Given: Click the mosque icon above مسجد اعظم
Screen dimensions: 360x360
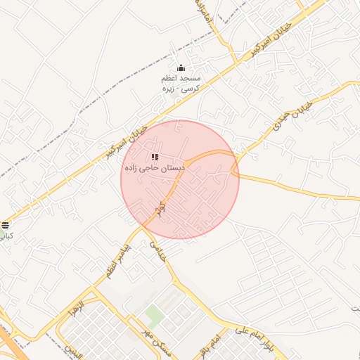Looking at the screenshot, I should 181,68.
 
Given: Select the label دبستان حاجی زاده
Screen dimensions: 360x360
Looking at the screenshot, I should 154,169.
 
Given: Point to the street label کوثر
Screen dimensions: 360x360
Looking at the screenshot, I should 162,209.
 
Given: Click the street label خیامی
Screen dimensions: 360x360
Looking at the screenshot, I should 156,250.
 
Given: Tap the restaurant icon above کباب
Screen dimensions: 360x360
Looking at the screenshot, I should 6,225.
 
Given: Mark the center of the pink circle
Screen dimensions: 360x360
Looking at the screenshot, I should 180,179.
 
